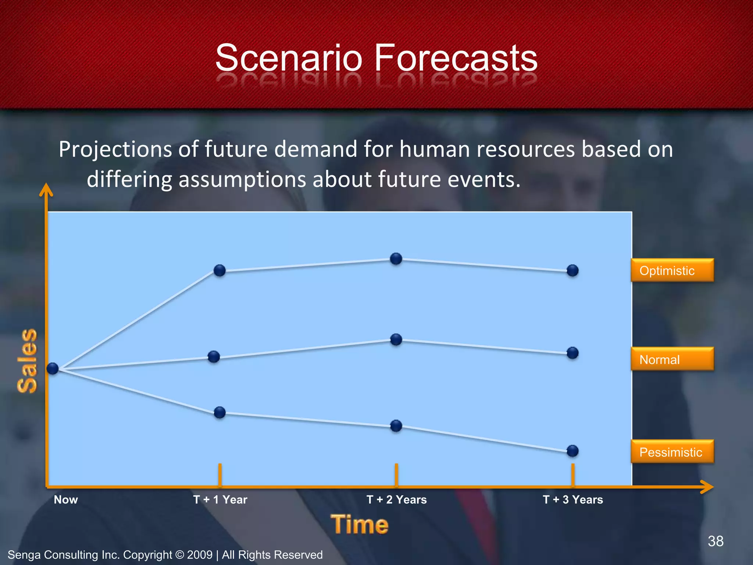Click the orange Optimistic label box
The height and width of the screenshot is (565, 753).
672,270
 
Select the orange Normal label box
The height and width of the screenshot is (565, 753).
672,359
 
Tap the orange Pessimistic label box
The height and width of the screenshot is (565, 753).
672,452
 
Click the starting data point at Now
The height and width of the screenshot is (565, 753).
53,368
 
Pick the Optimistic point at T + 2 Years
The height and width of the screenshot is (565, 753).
396,259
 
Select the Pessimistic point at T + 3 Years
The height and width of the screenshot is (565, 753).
572,451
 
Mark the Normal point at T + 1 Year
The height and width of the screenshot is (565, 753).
214,356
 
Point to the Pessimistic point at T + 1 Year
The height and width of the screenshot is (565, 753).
220,412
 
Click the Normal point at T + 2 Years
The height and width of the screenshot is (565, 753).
396,339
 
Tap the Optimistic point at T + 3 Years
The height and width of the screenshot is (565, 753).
572,270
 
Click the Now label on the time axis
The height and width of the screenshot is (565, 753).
66,500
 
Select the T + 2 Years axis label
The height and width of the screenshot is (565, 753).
396,500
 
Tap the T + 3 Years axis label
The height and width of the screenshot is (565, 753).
573,500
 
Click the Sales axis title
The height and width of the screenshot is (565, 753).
28,360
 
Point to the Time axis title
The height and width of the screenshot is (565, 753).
359,524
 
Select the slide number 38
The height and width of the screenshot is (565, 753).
715,541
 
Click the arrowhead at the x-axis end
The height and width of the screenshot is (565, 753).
708,487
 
